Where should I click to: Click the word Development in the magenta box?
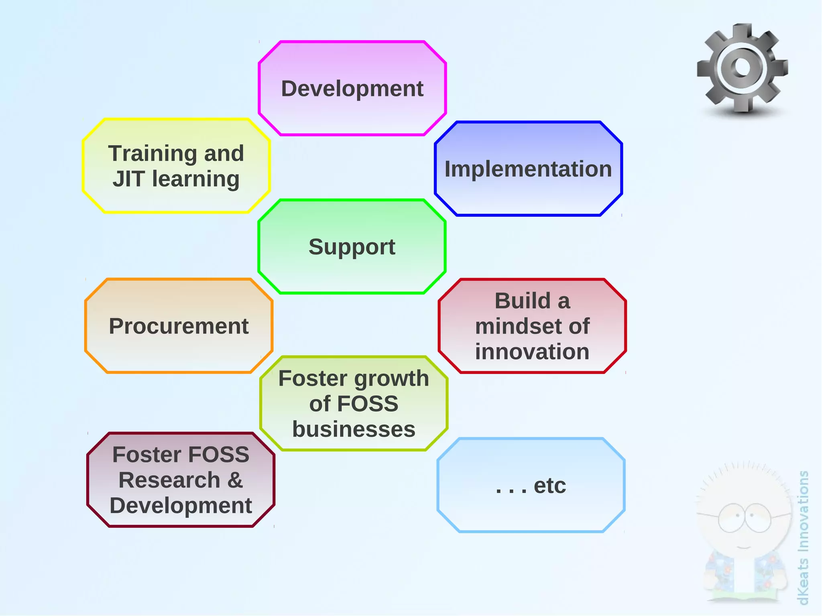352,89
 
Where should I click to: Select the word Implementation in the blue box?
528,169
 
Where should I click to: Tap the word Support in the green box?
352,247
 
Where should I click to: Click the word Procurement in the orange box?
179,326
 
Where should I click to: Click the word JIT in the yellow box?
128,179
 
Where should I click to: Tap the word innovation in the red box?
532,352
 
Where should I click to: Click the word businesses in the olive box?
354,429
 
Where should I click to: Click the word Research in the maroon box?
169,480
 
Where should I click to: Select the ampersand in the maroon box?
235,480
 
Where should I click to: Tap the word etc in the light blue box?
549,486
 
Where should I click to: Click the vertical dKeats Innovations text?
803,538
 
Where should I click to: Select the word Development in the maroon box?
181,506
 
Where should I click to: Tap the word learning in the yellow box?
195,179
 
